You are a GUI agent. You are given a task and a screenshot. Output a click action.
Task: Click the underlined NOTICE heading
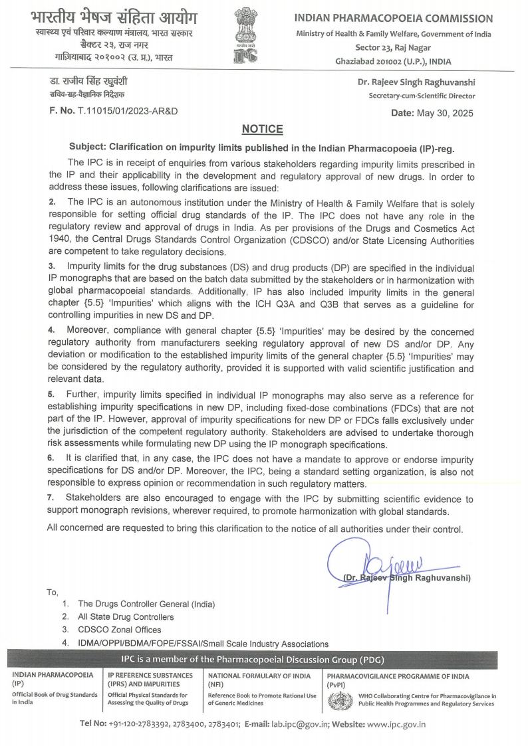coord(262,129)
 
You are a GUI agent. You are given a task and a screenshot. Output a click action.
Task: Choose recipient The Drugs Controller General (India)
coord(146,604)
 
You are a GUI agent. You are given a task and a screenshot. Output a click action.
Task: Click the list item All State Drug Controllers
coord(126,617)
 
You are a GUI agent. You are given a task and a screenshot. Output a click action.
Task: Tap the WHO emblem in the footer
coord(338,699)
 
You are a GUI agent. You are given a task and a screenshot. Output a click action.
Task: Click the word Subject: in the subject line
coord(90,146)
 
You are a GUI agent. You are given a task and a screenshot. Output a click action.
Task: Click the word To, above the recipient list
coord(53,592)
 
